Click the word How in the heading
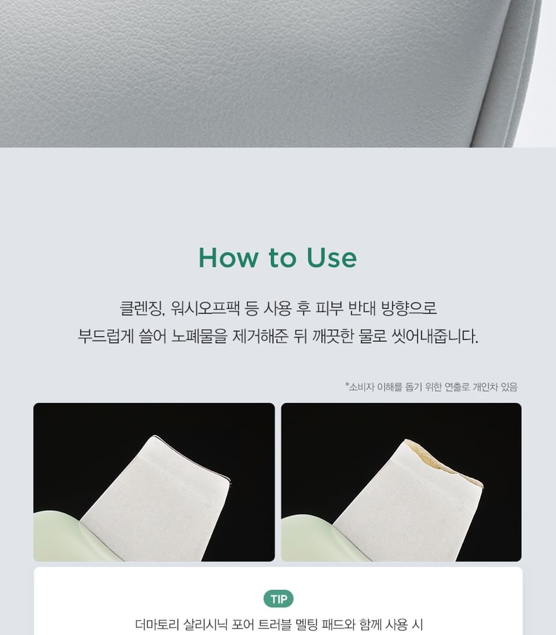[x=228, y=257]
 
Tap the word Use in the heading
[x=332, y=257]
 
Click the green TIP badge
[x=279, y=599]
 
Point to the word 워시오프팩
[x=205, y=308]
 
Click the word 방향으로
[x=409, y=308]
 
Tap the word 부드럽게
[x=105, y=336]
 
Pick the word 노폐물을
[x=199, y=336]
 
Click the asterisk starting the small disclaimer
[x=347, y=384]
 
